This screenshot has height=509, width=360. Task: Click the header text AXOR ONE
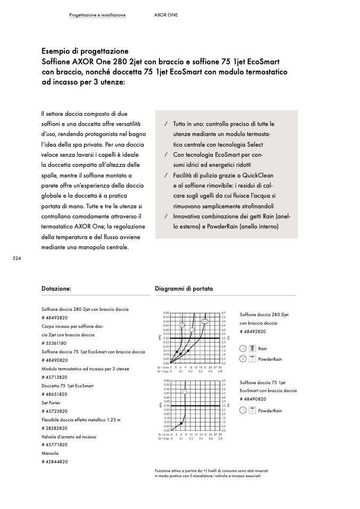[x=162, y=15]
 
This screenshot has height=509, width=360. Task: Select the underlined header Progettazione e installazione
[x=97, y=15]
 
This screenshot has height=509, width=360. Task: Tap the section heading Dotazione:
[x=56, y=289]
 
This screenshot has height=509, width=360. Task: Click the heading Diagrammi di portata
[x=183, y=289]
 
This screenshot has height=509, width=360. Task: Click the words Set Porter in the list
[x=51, y=403]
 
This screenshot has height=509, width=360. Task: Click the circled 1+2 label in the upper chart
[x=205, y=321]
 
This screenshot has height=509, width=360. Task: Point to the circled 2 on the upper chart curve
[x=182, y=325]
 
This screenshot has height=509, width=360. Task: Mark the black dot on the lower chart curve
[x=182, y=423]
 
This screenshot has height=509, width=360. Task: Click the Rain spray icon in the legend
[x=252, y=349]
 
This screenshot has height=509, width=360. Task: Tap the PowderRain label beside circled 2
[x=270, y=359]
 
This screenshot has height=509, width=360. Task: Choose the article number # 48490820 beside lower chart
[x=253, y=399]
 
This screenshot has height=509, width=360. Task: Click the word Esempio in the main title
[x=57, y=52]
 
